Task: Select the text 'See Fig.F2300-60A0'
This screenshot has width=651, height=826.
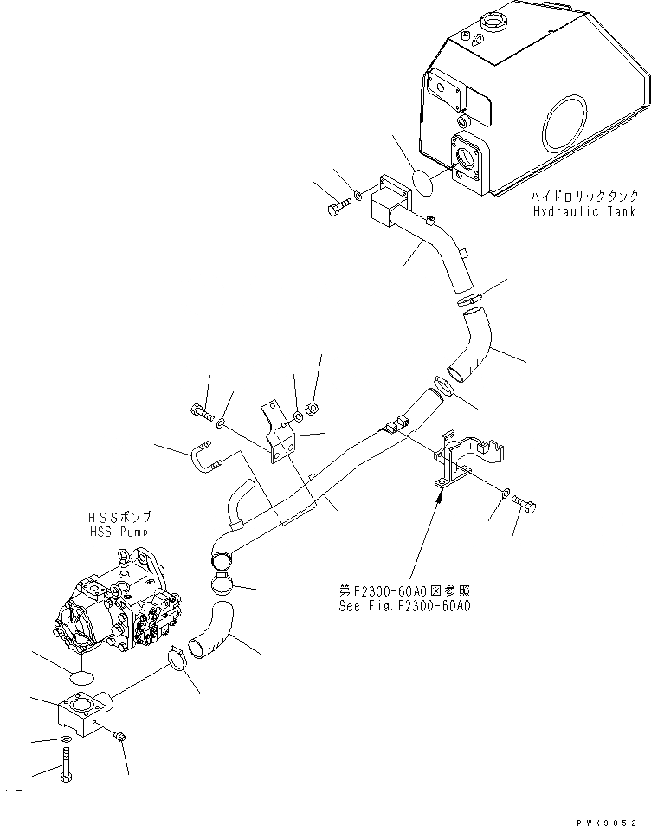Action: point(404,607)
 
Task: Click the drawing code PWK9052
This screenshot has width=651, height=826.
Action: point(604,819)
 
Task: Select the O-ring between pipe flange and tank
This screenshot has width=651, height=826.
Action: point(422,184)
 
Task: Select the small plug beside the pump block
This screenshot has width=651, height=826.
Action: point(120,736)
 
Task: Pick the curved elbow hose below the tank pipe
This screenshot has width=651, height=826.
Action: point(473,345)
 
